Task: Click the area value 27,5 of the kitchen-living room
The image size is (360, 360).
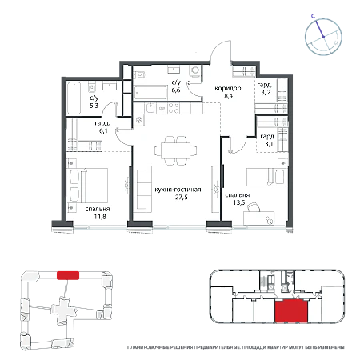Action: tap(182, 197)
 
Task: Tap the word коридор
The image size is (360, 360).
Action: tap(228, 88)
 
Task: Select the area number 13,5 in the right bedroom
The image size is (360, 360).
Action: tap(239, 202)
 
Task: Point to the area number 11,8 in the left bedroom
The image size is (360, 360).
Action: tap(100, 217)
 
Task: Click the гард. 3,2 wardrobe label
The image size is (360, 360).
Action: tap(265, 89)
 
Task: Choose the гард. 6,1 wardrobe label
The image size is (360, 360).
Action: tap(102, 127)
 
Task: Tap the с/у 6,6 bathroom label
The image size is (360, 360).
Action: tap(176, 86)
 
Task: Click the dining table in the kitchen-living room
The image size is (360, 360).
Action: tap(175, 151)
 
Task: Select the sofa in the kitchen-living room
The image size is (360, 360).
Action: tap(142, 190)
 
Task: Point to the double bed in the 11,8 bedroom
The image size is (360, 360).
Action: tap(88, 186)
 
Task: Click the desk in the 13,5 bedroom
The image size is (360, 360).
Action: tap(258, 218)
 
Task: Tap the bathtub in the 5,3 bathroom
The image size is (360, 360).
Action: tap(74, 98)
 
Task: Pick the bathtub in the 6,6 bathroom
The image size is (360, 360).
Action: tap(150, 93)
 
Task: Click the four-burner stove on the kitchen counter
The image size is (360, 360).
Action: tap(174, 108)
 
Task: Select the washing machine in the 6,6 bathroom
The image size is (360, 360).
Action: tap(195, 70)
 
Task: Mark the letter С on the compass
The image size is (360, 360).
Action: tap(314, 16)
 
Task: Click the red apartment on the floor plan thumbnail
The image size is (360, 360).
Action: tap(291, 310)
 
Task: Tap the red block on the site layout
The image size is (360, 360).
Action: tap(68, 275)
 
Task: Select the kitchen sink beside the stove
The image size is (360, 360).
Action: tap(150, 108)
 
